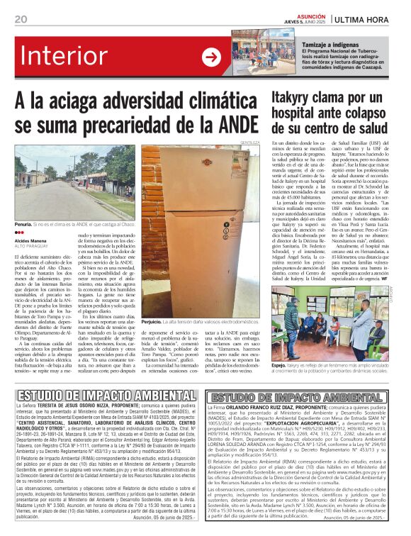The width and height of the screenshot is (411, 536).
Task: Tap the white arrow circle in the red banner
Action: pyautogui.click(x=211, y=57)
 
